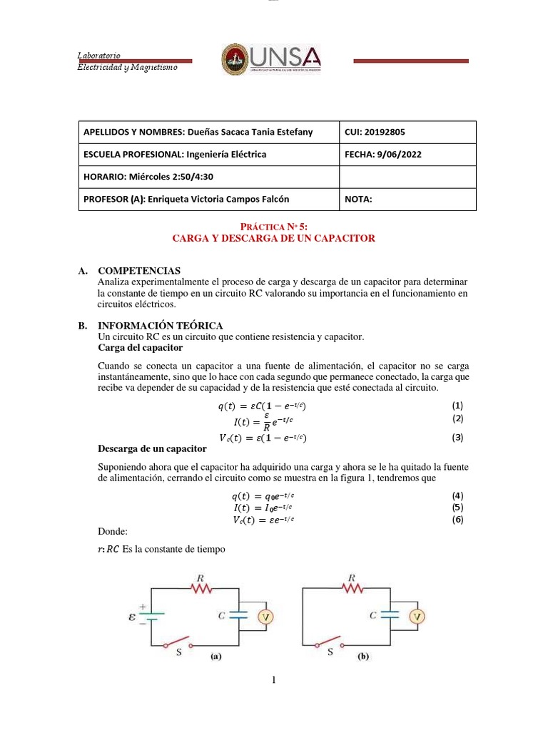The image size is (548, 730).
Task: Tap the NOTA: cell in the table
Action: pyautogui.click(x=358, y=200)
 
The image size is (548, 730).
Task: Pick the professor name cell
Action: pyautogui.click(x=186, y=200)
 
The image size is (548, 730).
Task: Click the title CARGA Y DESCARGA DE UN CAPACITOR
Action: pyautogui.click(x=273, y=238)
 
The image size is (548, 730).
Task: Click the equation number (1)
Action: pyautogui.click(x=458, y=405)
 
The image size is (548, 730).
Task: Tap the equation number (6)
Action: pyautogui.click(x=458, y=520)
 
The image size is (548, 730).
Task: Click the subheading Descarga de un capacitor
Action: pyautogui.click(x=151, y=449)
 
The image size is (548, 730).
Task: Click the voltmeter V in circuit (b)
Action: pyautogui.click(x=418, y=617)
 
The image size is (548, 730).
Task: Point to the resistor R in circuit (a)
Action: pyautogui.click(x=203, y=587)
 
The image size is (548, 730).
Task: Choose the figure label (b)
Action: pyautogui.click(x=362, y=657)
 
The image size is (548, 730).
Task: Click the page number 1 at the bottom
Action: pyautogui.click(x=273, y=680)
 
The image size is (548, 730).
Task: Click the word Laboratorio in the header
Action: pyautogui.click(x=98, y=56)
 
